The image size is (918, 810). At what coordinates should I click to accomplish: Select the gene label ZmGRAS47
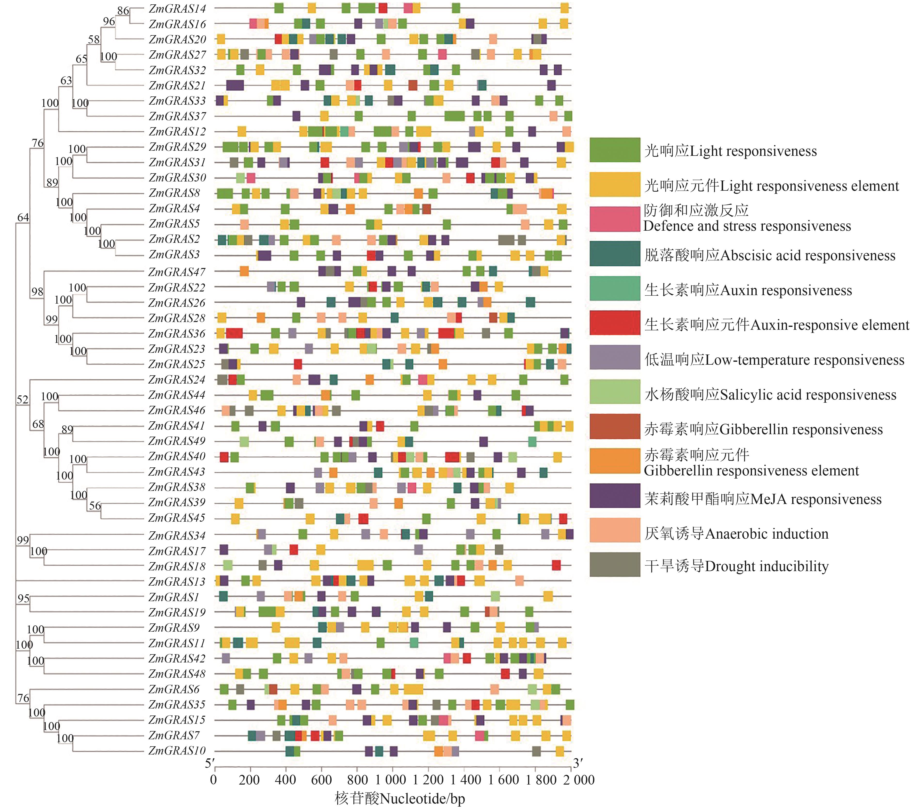[x=176, y=272]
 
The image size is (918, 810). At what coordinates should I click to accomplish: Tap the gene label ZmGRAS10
[x=176, y=751]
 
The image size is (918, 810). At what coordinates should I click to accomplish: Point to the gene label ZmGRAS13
[x=176, y=582]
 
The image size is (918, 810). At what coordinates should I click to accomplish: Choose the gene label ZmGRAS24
[x=176, y=380]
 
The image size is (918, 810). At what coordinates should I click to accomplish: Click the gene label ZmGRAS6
[x=174, y=689]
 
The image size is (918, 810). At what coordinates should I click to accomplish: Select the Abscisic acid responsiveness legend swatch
[x=615, y=254]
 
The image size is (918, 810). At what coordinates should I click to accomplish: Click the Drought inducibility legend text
[x=736, y=566]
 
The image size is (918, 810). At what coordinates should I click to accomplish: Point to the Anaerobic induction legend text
[x=736, y=533]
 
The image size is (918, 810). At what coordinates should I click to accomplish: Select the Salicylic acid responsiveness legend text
[x=770, y=395]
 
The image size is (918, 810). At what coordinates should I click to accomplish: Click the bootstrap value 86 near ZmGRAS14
[x=123, y=11]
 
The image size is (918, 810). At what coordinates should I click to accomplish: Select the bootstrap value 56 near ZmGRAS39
[x=95, y=506]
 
